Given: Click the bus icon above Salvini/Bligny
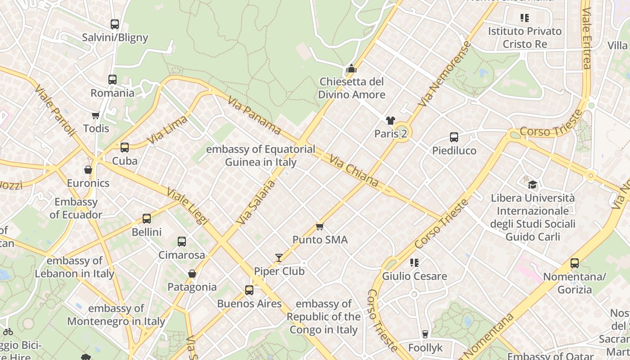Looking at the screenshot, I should (x=115, y=24).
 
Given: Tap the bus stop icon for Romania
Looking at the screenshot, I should (x=112, y=80).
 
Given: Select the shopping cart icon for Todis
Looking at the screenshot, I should (x=96, y=116).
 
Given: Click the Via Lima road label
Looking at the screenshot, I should (x=167, y=130).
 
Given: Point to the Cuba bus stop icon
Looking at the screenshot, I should (x=125, y=148).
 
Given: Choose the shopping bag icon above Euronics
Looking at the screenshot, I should (x=88, y=170).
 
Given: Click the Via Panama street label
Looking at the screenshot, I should (x=255, y=116).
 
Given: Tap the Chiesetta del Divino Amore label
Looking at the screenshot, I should (x=351, y=88).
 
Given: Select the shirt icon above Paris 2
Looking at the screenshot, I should (x=390, y=120).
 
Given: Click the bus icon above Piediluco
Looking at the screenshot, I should (x=454, y=137).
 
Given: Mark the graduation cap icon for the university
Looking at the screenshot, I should (x=532, y=184).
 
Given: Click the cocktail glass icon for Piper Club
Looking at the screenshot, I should (x=279, y=258).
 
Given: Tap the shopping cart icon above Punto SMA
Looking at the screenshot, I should (x=320, y=226).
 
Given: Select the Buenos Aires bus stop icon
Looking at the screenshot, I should (x=249, y=290).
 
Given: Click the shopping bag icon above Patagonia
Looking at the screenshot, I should (x=192, y=274).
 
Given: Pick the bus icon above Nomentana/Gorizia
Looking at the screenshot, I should (x=575, y=263).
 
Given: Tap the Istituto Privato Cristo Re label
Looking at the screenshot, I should (x=525, y=37).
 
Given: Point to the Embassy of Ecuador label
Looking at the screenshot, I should (x=76, y=208).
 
